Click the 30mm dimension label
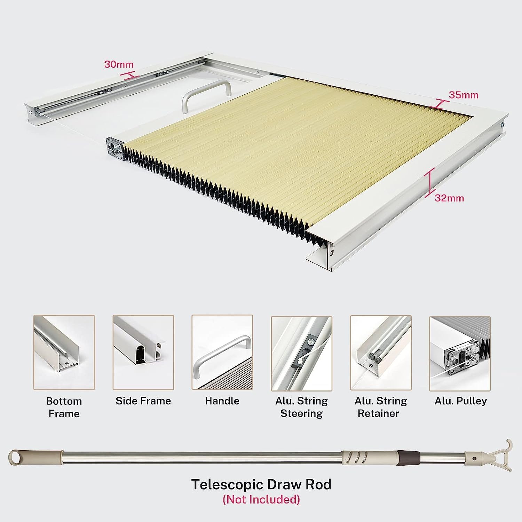point(119,64)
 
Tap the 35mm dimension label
point(464,95)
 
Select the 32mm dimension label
point(449,198)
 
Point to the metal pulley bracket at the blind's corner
point(115,149)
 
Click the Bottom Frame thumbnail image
point(64,353)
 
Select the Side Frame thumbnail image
point(143,353)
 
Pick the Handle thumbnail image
point(222,353)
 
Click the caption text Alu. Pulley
point(460,401)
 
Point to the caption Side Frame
point(143,401)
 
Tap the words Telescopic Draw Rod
point(261,484)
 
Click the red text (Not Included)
point(261,500)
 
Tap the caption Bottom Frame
point(64,407)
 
